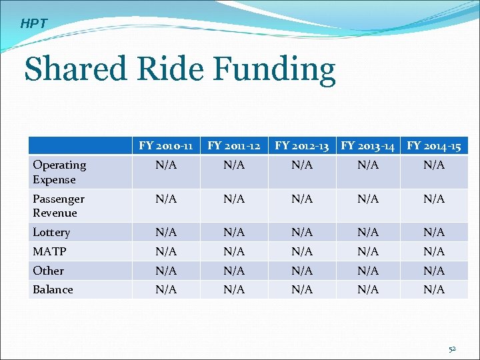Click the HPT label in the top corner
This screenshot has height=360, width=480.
(34, 24)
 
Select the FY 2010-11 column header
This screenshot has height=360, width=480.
(166, 145)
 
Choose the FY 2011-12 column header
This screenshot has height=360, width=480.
(234, 145)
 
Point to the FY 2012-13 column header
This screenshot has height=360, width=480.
(302, 145)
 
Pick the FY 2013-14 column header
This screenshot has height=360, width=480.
(367, 145)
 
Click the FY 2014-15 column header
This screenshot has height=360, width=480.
(434, 145)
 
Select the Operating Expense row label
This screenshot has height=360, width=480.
(59, 172)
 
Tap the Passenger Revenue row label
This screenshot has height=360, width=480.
(59, 206)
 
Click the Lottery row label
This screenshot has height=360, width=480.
(51, 232)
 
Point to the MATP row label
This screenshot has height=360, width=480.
(49, 251)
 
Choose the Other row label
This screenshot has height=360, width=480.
(48, 271)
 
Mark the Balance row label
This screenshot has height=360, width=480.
(53, 289)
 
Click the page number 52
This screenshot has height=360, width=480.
(451, 349)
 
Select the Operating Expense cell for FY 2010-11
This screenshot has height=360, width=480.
(166, 165)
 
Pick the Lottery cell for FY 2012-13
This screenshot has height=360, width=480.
(302, 232)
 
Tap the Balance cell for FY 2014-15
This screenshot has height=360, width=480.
(434, 289)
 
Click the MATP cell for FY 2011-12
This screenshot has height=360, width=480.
(234, 251)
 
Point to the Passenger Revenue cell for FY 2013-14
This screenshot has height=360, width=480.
(367, 199)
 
